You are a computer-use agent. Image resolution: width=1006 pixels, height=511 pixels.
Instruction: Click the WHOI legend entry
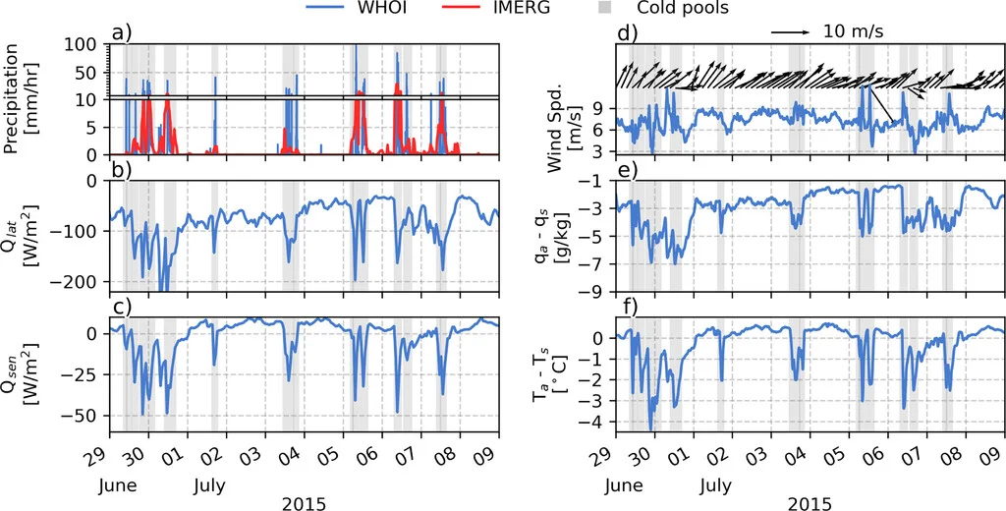click(x=369, y=9)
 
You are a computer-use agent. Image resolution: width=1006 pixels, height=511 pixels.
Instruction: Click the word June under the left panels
click(x=117, y=485)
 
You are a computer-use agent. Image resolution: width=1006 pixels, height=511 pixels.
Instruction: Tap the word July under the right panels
click(x=716, y=485)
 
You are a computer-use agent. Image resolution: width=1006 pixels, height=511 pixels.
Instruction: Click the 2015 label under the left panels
click(x=305, y=504)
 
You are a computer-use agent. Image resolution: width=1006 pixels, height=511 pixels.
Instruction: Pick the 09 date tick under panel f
click(x=998, y=459)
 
